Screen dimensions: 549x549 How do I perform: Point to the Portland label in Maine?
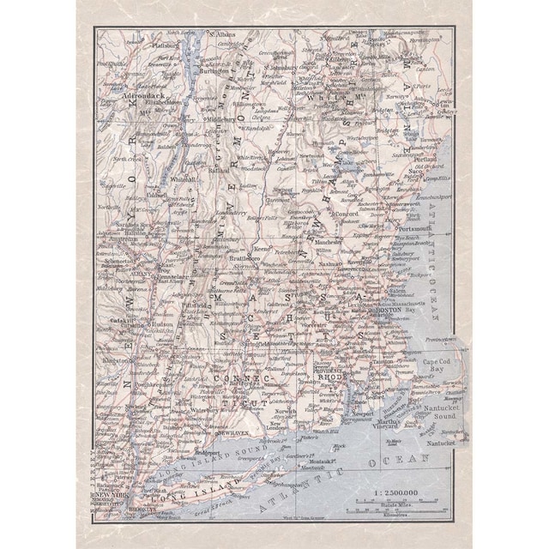point(422,160)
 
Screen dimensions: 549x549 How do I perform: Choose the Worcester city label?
point(315,325)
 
